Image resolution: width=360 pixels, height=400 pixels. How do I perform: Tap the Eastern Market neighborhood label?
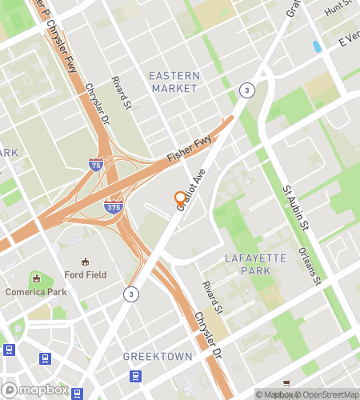click(174, 81)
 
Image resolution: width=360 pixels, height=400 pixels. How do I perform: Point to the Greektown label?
click(158, 356)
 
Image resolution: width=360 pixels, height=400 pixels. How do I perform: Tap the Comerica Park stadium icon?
click(35, 278)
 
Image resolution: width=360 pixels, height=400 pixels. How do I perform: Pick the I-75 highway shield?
click(96, 166)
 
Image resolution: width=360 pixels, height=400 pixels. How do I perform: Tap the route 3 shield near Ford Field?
click(129, 294)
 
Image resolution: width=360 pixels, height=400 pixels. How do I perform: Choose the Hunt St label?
click(339, 10)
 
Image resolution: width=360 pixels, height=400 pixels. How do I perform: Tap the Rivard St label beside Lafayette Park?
click(212, 297)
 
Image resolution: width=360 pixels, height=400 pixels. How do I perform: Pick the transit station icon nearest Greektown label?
click(136, 376)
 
